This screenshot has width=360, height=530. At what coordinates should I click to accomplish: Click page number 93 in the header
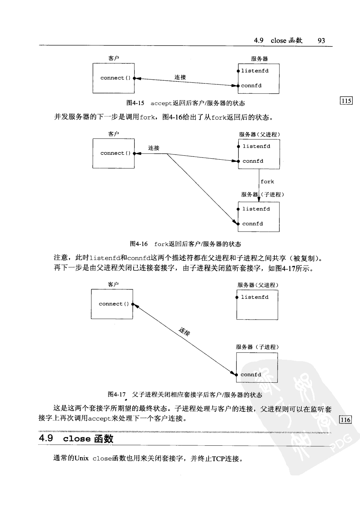pos(321,41)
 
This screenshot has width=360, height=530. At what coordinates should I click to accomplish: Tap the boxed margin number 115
pos(346,101)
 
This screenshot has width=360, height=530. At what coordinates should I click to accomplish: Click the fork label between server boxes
pos(267,182)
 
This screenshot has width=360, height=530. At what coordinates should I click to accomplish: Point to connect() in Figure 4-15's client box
pos(115,78)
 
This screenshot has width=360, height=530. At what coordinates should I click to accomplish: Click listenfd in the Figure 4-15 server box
pos(255,71)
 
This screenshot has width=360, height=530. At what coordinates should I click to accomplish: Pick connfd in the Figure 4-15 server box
pos(251,86)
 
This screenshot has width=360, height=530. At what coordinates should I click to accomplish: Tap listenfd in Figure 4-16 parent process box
pos(256,147)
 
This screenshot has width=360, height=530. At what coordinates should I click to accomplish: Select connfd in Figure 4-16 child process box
pos(252,224)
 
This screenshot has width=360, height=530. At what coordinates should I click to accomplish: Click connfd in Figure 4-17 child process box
pos(251,375)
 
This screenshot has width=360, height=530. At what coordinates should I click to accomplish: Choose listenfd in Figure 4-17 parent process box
pos(255,297)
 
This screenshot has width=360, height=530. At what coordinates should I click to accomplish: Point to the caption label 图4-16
pos(139,244)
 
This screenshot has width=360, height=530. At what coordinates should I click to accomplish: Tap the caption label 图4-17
pos(116,394)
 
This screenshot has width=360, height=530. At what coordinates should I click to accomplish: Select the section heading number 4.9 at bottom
pos(46,438)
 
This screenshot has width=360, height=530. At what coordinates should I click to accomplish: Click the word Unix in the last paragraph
pos(81,459)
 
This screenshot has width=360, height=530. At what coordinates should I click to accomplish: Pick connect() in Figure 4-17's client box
pos(114,304)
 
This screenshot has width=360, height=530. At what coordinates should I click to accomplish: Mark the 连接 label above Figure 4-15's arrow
pos(180,77)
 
